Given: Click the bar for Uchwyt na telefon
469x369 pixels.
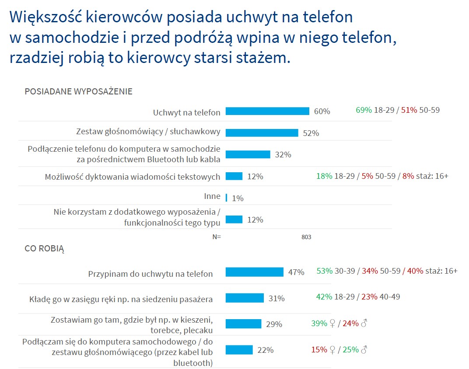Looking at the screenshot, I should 267,111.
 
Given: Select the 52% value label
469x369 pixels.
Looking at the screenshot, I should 311,133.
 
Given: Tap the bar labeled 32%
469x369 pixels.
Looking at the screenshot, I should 248,154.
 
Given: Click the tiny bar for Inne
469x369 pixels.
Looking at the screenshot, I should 226,198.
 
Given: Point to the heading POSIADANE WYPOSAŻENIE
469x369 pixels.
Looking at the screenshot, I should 78,91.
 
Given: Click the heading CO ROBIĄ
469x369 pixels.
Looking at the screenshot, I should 44,249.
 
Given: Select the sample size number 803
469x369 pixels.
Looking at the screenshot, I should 306,237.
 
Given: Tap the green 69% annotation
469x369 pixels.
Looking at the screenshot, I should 364,110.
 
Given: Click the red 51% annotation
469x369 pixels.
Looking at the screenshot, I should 409,110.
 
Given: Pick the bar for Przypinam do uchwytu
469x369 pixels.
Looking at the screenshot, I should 254,272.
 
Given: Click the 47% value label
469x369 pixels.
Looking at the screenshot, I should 296,272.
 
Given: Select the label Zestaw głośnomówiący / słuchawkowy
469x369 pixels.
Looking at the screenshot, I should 148,131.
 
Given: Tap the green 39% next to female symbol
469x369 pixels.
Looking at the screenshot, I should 319,323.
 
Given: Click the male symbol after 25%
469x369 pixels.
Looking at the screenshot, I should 364,349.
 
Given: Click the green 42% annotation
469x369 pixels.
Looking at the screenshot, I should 324,296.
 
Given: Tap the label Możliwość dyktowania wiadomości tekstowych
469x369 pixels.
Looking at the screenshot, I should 133,177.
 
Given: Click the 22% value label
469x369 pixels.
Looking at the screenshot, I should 265,350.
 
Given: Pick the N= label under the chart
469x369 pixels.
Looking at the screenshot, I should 217,237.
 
